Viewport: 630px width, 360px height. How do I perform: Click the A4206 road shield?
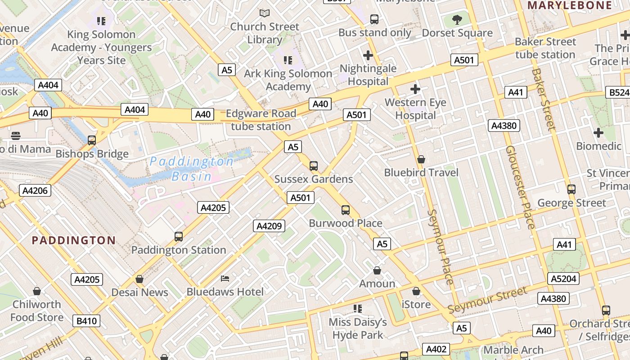pos(35,190)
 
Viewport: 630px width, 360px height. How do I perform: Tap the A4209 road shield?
pos(269,226)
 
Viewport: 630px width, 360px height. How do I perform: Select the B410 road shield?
pos(86,321)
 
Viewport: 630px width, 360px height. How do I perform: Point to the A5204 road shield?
pos(563,279)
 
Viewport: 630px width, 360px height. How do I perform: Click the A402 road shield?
pos(436,349)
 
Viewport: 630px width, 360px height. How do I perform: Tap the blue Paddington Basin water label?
pos(192,169)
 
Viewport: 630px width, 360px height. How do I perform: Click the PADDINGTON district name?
pos(74,240)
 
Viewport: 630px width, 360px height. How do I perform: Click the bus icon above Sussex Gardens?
pos(314,166)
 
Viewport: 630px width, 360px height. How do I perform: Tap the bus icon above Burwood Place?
pos(345,210)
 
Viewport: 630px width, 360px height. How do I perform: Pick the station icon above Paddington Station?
pos(179,236)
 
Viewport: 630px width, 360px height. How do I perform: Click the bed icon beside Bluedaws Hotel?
pos(225,279)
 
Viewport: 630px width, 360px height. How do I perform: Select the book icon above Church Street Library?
pos(265,13)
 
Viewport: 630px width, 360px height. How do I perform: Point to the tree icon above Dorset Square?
pos(457,19)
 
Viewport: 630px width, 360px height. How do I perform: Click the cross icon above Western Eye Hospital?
pos(415,89)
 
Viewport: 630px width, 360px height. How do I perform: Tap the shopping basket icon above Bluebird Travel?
pos(421,159)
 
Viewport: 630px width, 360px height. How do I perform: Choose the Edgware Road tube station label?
pos(261,120)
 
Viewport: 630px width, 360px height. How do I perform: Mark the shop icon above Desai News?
pos(139,279)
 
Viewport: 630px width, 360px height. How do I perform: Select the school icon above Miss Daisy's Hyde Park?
pos(358,309)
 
